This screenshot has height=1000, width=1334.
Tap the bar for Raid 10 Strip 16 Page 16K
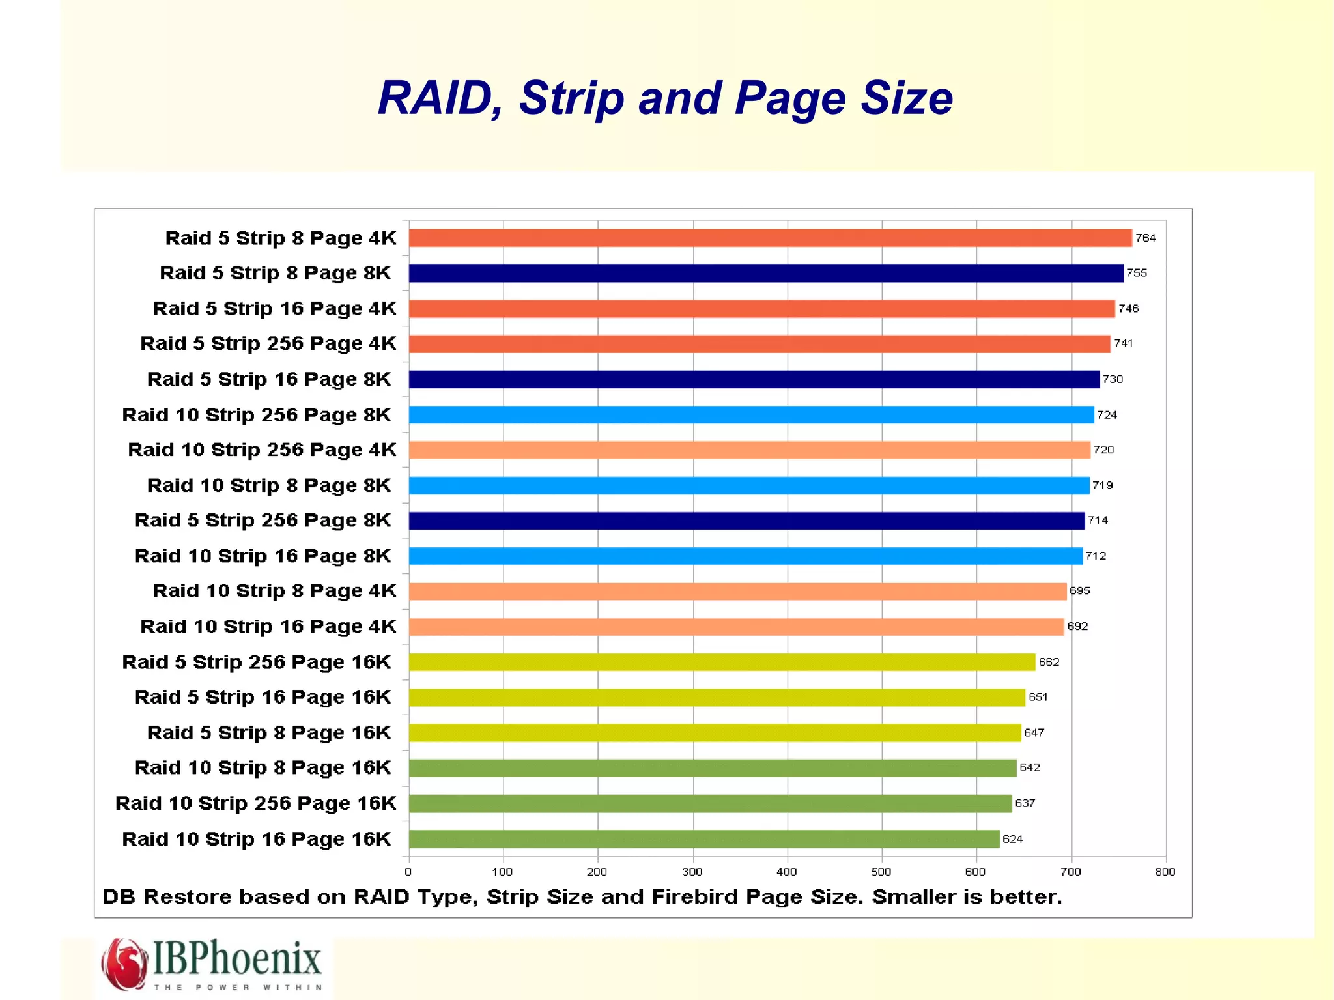(703, 839)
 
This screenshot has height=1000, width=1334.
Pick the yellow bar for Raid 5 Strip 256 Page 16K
(722, 662)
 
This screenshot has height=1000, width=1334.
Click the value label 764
(1145, 238)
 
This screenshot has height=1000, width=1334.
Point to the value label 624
(1012, 839)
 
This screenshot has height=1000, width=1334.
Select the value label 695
(1079, 591)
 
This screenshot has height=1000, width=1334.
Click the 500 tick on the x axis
(881, 872)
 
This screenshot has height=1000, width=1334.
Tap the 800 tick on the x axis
(1165, 872)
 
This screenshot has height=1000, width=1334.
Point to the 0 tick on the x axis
(408, 872)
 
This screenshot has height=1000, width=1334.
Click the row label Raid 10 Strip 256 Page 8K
(257, 415)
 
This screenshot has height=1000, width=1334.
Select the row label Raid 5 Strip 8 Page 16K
(269, 733)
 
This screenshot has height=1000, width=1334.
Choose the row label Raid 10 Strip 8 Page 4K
(274, 591)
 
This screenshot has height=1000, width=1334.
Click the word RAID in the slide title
(441, 99)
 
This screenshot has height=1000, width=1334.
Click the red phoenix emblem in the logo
(124, 964)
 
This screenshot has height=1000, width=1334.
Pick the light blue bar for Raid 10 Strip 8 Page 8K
(748, 485)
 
